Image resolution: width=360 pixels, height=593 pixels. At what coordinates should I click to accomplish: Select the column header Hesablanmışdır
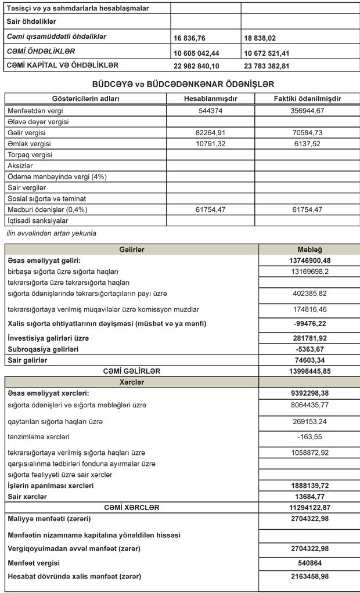click(210, 99)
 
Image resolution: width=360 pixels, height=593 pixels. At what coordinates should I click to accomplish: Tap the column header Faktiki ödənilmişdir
click(307, 99)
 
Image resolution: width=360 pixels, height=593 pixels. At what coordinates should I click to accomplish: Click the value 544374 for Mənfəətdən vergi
click(210, 110)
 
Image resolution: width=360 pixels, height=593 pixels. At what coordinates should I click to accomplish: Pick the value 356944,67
click(307, 110)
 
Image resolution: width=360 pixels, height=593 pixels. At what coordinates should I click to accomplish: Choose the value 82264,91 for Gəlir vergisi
click(210, 132)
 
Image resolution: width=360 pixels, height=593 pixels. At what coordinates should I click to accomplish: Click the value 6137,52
click(307, 143)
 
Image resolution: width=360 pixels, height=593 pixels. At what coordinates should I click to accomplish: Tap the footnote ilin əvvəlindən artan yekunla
click(51, 233)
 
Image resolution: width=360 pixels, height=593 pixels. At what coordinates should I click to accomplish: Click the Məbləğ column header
click(309, 250)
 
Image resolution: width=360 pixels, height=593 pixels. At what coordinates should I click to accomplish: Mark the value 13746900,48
click(309, 261)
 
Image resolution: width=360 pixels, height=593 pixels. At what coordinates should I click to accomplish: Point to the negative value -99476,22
click(309, 323)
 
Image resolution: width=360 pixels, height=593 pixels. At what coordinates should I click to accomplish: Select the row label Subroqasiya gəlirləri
click(43, 349)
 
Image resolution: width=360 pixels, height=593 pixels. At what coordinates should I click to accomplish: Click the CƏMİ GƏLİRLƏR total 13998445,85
click(309, 371)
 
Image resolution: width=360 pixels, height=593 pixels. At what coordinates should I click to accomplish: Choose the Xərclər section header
click(132, 382)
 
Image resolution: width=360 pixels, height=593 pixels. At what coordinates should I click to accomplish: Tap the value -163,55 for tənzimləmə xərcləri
click(309, 436)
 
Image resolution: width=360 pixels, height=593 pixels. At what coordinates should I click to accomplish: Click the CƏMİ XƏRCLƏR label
click(132, 508)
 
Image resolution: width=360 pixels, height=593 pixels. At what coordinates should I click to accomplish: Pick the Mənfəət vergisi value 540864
click(309, 563)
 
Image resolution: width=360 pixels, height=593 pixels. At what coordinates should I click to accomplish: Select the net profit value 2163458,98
click(309, 577)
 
